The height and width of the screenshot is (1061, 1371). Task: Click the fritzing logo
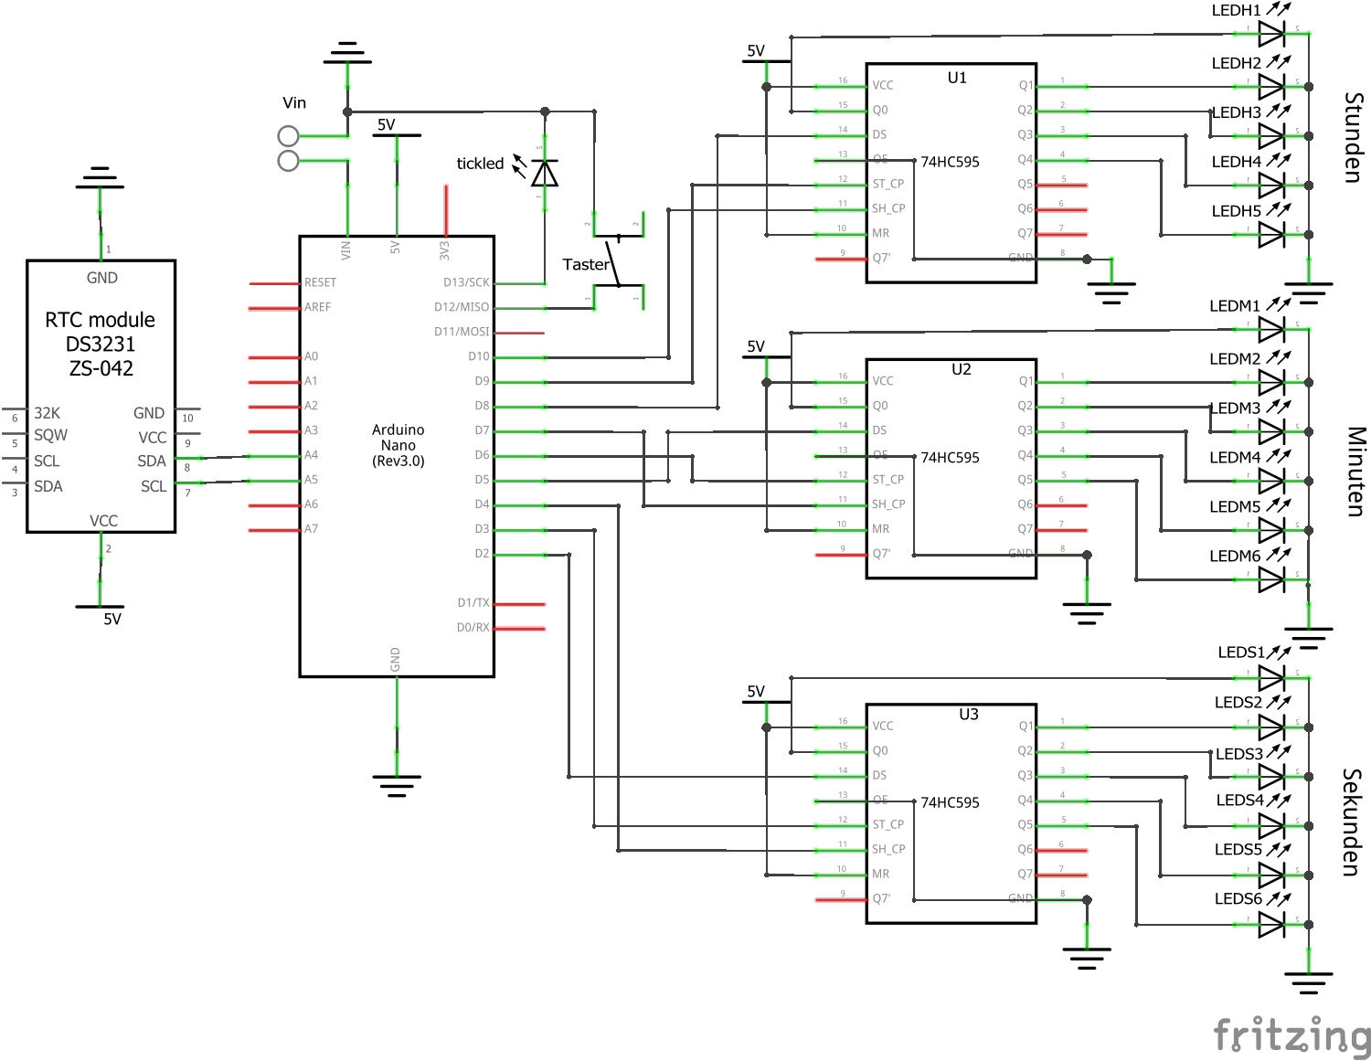(1291, 1036)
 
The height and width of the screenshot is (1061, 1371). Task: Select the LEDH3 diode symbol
(1271, 135)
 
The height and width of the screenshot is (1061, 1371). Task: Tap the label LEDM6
(1235, 556)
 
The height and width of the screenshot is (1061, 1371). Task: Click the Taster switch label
(585, 264)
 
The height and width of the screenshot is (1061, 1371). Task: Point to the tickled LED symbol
(545, 173)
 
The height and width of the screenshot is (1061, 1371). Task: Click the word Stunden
(1354, 137)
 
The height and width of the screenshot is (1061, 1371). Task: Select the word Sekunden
(1353, 822)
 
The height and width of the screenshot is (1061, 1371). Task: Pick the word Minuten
(1355, 472)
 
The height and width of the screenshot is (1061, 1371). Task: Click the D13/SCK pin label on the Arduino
(466, 282)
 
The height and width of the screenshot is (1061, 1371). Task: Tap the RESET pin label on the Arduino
(320, 282)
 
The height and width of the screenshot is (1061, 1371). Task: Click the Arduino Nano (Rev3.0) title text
(398, 445)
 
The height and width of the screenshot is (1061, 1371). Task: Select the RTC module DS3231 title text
(101, 344)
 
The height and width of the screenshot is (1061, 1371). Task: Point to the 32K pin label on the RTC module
(47, 413)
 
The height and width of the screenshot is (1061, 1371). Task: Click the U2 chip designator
(961, 369)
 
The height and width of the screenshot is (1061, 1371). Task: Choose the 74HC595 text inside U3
(950, 802)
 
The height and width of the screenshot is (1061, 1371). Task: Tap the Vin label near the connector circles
(294, 103)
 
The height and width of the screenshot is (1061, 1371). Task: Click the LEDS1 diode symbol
(1271, 678)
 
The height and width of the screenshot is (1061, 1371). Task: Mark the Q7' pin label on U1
(881, 258)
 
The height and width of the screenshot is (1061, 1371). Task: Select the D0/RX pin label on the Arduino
(473, 628)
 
